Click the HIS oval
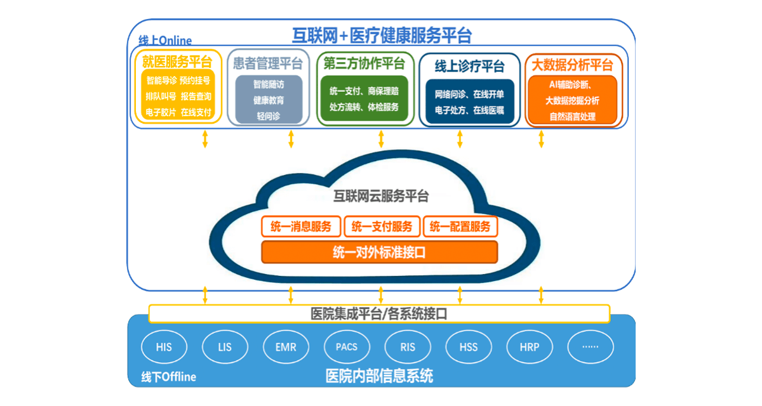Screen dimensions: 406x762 point(164,347)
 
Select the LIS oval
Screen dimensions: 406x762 point(225,347)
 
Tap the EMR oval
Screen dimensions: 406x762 point(286,347)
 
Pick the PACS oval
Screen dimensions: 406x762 point(347,347)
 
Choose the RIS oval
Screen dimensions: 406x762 point(408,347)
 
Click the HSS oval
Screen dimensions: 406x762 point(469,347)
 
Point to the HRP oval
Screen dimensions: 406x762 point(530,347)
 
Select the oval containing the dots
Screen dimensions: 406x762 point(591,347)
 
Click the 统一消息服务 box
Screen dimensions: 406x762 point(301,226)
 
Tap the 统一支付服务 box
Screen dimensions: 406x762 point(382,226)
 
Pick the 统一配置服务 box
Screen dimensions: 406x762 point(460,226)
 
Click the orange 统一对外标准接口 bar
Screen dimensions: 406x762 point(379,252)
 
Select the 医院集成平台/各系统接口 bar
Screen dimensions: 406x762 point(379,313)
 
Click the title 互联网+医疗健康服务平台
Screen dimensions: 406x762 point(382,35)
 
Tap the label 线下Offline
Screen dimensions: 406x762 point(168,377)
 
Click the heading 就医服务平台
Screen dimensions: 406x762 point(177,62)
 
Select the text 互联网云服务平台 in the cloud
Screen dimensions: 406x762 point(381,196)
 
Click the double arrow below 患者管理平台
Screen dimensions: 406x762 point(291,139)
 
